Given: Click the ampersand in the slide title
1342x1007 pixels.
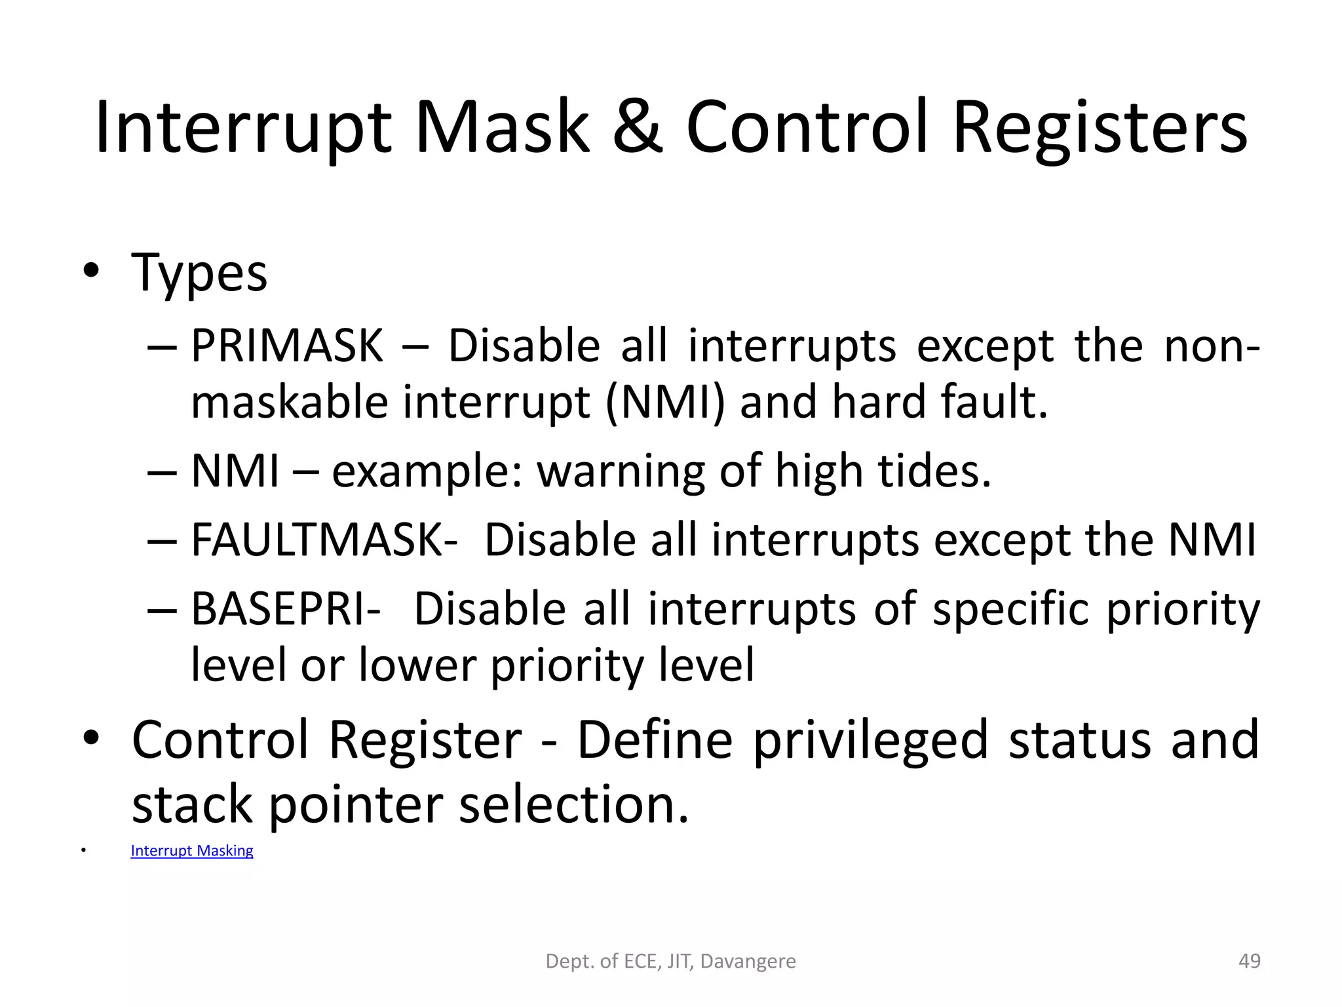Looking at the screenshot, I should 637,128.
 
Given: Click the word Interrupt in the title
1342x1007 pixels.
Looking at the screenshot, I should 242,128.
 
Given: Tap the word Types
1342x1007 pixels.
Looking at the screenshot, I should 199,274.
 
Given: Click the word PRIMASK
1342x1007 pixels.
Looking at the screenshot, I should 286,346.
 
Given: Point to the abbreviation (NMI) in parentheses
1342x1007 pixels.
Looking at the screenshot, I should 664,403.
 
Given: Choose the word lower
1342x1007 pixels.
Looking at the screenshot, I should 417,665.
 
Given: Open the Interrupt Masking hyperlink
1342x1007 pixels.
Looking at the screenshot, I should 191,851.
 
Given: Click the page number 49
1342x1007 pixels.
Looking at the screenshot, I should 1249,961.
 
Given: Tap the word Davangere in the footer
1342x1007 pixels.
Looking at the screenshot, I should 748,961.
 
